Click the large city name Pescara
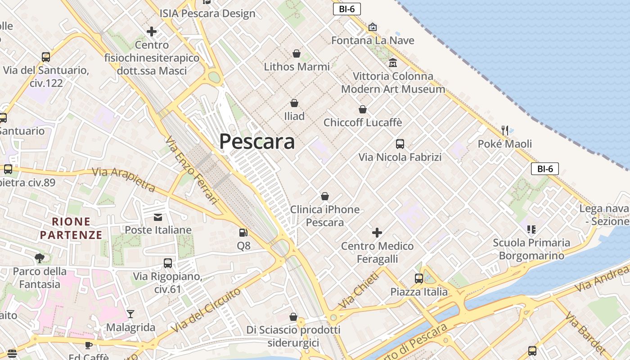257,142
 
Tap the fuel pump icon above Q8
243,233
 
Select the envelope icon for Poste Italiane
158,217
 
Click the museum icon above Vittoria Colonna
393,63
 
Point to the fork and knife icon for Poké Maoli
505,130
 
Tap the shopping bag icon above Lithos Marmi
297,54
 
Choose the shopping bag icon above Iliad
294,103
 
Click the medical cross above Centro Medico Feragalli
377,233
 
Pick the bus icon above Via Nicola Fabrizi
400,144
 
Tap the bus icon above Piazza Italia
418,279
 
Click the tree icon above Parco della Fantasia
40,258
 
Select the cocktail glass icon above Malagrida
130,314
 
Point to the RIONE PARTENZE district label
71,228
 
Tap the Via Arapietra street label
124,179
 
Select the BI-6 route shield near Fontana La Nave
347,9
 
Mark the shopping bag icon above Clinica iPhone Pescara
324,196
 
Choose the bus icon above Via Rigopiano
167,263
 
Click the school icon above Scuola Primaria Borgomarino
531,229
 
